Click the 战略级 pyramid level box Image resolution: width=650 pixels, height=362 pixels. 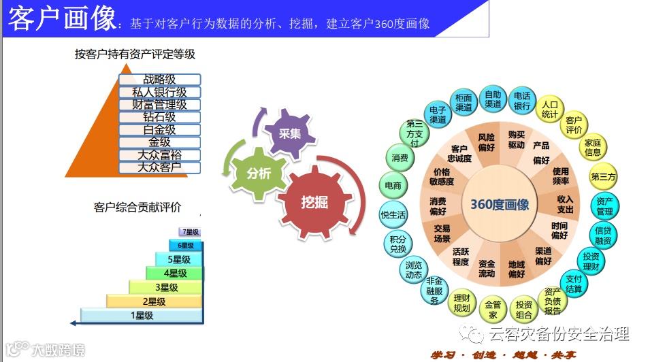[159, 80]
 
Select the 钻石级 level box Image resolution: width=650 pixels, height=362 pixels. [159, 117]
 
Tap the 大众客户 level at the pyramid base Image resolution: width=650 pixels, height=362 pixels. [159, 167]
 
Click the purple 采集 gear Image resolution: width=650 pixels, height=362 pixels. [290, 133]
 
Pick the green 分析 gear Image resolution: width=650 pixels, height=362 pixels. [259, 174]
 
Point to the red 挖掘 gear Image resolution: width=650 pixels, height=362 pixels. [314, 201]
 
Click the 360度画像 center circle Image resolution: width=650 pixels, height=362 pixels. [500, 204]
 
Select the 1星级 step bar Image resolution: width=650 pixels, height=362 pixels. [142, 315]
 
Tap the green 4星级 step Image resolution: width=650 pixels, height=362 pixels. [175, 273]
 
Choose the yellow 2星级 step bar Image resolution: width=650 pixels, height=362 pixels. [155, 301]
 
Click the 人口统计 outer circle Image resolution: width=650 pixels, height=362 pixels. [550, 110]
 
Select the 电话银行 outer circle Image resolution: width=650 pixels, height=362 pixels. [522, 101]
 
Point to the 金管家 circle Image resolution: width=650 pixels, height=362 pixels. [493, 310]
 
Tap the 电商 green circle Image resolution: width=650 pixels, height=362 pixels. [393, 185]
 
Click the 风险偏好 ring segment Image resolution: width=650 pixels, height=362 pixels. [486, 141]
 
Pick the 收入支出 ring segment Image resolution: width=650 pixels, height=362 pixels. [565, 204]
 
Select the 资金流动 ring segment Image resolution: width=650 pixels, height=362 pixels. [486, 268]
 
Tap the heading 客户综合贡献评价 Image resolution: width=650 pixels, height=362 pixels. [137, 207]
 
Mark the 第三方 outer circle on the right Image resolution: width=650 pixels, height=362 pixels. [603, 177]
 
